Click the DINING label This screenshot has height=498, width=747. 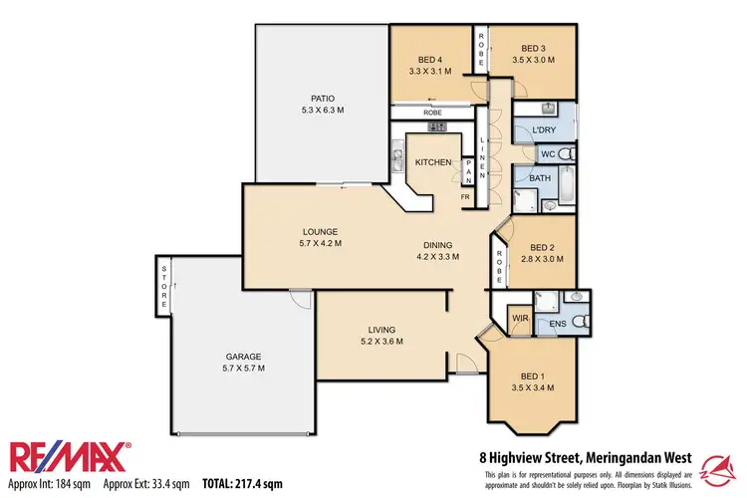pyautogui.click(x=437, y=245)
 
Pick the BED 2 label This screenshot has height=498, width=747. pyautogui.click(x=543, y=247)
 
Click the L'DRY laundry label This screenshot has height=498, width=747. pyautogui.click(x=543, y=131)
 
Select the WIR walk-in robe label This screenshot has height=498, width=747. pyautogui.click(x=519, y=319)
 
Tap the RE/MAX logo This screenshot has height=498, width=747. pyautogui.click(x=70, y=457)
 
